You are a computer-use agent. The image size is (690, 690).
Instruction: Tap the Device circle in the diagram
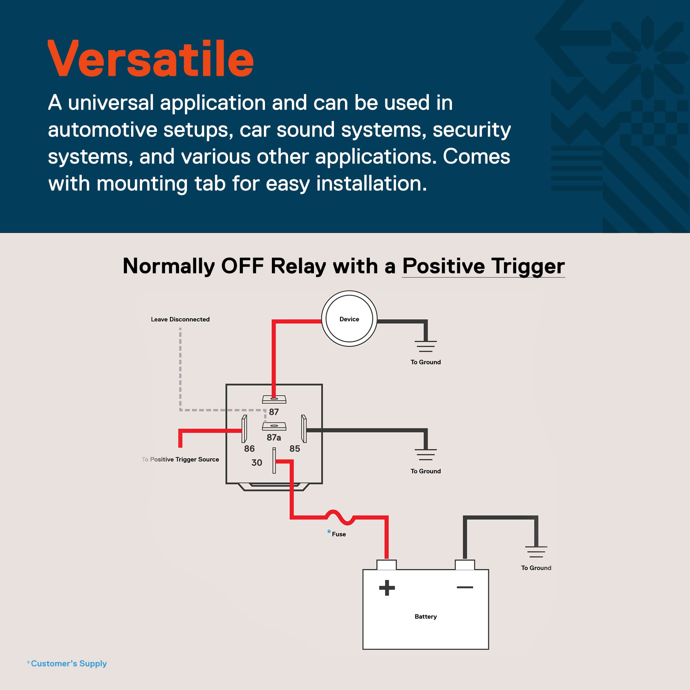(349, 318)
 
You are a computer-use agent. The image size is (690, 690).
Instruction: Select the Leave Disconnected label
(180, 319)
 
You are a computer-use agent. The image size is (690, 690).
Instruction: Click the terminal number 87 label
(274, 412)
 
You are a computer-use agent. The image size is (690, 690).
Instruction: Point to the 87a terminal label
(274, 437)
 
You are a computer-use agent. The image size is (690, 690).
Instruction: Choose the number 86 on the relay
(249, 448)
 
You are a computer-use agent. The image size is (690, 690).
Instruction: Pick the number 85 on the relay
(295, 448)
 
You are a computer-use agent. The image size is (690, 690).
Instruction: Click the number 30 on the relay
(257, 463)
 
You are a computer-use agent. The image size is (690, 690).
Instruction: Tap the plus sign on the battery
(387, 588)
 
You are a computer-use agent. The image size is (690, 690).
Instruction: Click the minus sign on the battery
(465, 587)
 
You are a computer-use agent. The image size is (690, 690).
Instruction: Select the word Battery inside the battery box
(425, 617)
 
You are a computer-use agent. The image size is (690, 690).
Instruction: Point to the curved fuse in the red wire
(339, 517)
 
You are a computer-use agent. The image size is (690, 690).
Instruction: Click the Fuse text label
(338, 534)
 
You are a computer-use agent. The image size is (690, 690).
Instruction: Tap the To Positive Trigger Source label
(180, 459)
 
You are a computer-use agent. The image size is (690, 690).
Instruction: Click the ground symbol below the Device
(425, 346)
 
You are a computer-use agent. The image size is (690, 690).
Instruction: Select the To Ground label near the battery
(536, 568)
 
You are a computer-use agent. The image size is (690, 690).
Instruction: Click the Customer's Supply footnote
(67, 663)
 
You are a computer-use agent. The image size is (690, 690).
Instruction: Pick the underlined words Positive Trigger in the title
(483, 266)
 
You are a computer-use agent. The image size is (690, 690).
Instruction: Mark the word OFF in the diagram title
(242, 266)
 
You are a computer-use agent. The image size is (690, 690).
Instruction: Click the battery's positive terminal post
(386, 565)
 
